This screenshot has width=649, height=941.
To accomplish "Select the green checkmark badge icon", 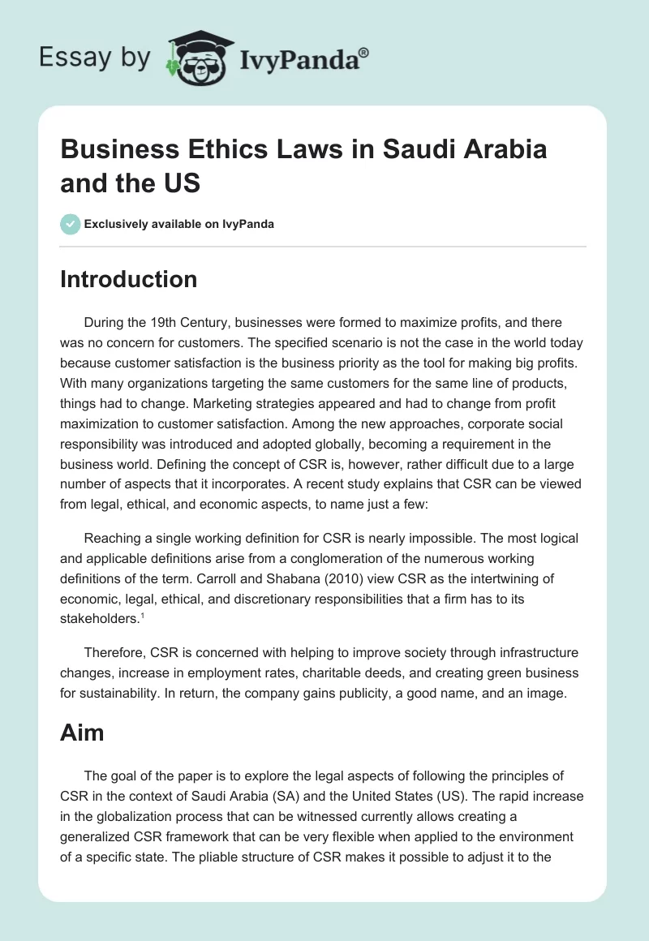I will click(71, 224).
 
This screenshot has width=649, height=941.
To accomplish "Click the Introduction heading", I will click(129, 279).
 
